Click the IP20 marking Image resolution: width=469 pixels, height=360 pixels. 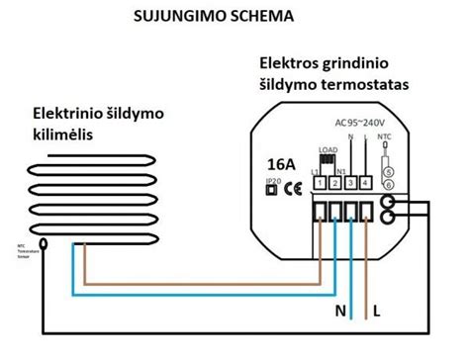[x=272, y=183]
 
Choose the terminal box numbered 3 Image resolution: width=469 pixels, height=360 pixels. [x=351, y=183]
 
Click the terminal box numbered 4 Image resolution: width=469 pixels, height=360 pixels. [x=367, y=183]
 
